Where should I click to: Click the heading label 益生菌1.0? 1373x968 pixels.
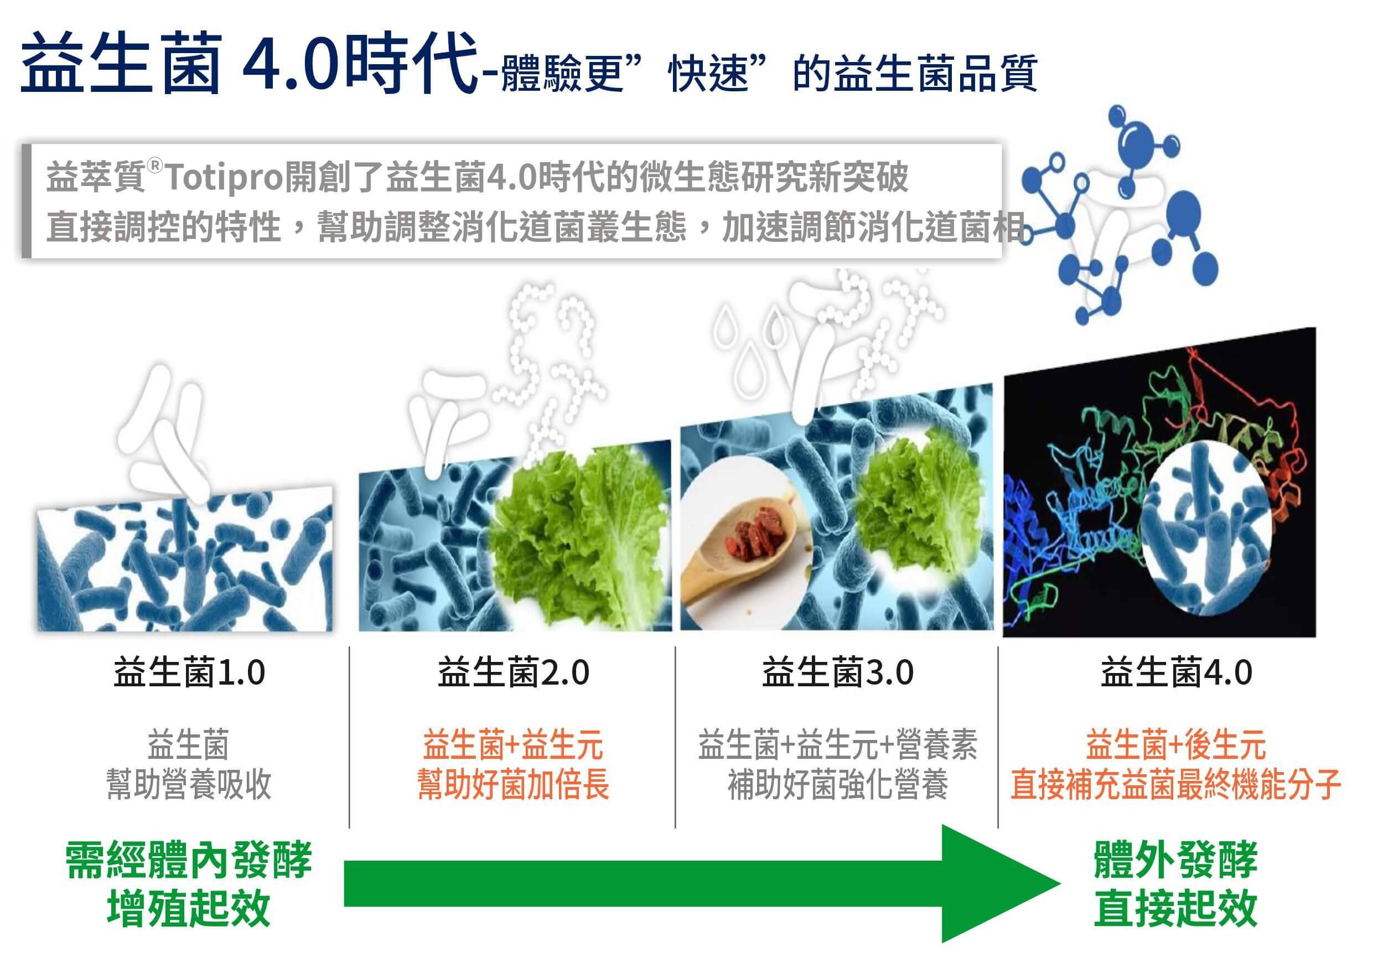(x=189, y=672)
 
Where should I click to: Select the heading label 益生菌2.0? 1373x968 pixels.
(x=513, y=672)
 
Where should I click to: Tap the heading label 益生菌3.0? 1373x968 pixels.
(x=837, y=672)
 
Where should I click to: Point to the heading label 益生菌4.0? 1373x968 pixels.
(x=1176, y=672)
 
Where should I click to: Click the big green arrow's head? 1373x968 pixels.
(x=999, y=883)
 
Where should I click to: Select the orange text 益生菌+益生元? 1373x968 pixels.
(x=513, y=744)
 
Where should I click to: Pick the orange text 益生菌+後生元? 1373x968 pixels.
(x=1176, y=744)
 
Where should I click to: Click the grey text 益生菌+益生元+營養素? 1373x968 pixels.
(x=837, y=744)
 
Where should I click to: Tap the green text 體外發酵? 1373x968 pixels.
(x=1176, y=860)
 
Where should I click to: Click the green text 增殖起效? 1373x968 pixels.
(x=189, y=908)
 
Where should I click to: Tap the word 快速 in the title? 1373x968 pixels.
(x=708, y=75)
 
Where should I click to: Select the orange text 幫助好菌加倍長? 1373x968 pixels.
(x=513, y=784)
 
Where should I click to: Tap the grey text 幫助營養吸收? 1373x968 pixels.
(x=189, y=784)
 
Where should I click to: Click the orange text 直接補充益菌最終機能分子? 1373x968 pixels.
(x=1176, y=784)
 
